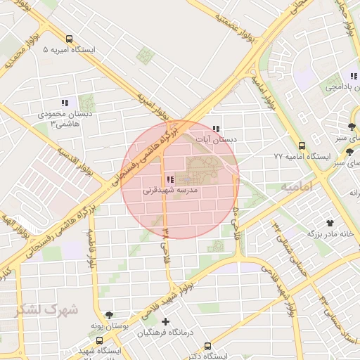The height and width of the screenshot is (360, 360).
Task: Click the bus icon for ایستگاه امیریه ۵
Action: click(69, 39)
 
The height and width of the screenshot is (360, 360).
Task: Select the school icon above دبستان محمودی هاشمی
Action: click(65, 103)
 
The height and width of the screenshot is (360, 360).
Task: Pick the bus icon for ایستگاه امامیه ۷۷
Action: click(302, 146)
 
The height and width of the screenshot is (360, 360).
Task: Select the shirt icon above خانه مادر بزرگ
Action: click(309, 222)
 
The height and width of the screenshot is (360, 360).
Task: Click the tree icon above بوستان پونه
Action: click(108, 316)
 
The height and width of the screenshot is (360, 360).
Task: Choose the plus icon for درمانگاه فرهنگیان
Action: click(166, 321)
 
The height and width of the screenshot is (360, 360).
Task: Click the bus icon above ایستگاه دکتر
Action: click(207, 346)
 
